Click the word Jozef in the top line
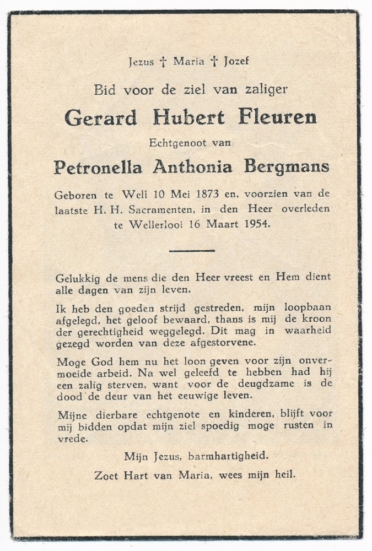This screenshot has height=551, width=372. (x=236, y=61)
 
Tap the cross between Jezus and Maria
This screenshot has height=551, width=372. (x=163, y=62)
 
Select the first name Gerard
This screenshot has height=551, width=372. (x=100, y=118)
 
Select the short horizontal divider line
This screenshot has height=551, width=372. (x=191, y=251)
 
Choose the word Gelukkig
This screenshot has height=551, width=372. (x=78, y=278)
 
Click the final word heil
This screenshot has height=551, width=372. (x=284, y=474)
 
